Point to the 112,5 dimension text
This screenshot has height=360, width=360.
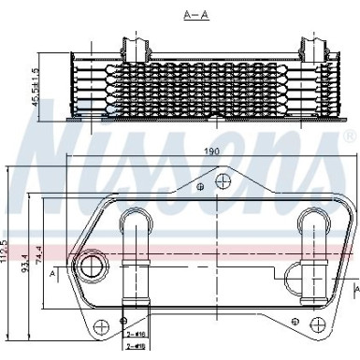coord(7,254)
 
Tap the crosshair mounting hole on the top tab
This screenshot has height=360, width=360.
coord(222,181)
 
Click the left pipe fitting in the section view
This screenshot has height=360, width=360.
coord(136,47)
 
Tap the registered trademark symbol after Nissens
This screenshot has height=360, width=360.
coord(349,137)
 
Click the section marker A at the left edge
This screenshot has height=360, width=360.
coord(52,271)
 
